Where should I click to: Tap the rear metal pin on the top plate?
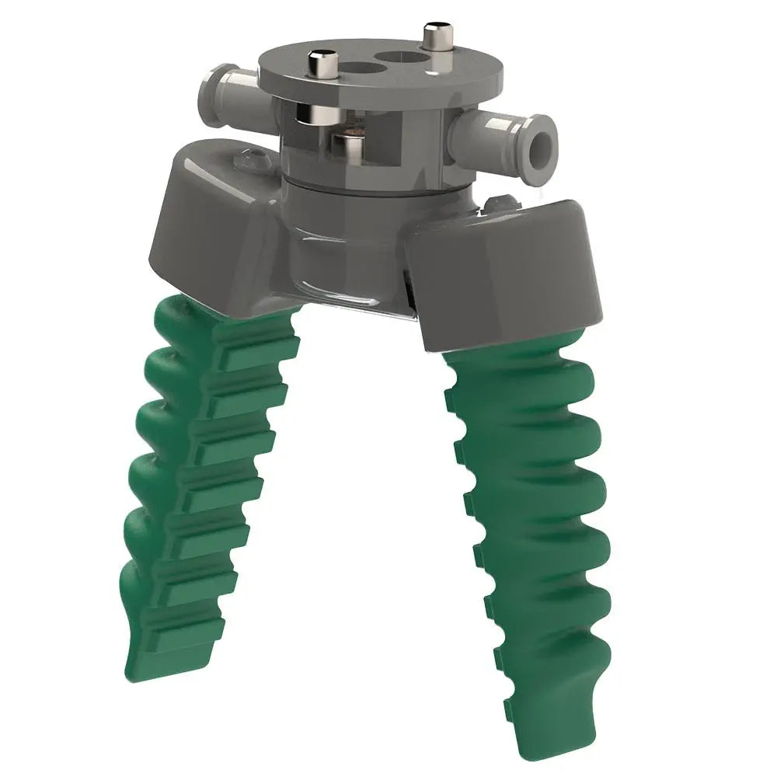click(432, 37)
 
